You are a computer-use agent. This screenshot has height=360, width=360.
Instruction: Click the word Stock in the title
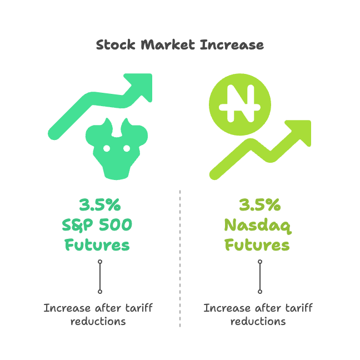116,44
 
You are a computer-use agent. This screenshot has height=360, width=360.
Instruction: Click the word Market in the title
168,44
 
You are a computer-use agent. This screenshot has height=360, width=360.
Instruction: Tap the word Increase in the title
232,44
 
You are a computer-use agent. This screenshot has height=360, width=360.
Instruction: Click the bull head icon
117,149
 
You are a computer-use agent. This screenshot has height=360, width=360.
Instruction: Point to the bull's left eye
107,148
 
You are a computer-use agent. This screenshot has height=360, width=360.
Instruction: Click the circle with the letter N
240,104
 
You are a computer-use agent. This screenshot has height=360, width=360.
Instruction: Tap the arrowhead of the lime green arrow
299,132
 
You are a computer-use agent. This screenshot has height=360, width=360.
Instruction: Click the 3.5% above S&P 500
100,204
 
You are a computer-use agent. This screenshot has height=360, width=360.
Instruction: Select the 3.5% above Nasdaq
260,204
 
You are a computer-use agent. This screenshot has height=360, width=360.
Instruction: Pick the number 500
116,225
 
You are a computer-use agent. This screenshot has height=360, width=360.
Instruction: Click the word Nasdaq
258,226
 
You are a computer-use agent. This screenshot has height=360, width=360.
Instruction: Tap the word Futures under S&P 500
97,245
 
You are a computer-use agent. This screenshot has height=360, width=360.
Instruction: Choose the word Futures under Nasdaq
257,245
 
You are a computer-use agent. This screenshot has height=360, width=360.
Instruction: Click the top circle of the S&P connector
100,262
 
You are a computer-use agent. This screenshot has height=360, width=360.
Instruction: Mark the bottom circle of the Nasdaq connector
260,292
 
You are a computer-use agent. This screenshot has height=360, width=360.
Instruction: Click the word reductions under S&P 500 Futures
98,322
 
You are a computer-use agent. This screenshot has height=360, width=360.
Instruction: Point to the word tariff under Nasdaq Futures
299,308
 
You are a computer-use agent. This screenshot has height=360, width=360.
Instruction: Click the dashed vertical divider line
180,258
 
